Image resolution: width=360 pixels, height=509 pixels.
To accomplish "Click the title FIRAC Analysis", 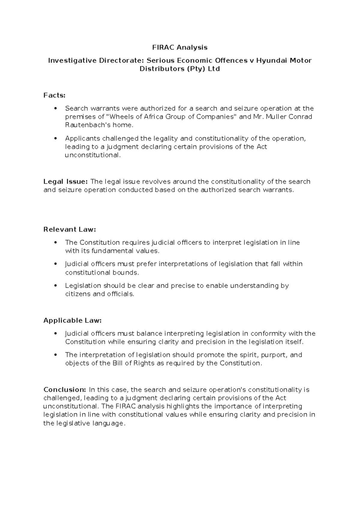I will coord(180,47).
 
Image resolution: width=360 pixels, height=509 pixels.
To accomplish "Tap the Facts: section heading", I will coord(54,95).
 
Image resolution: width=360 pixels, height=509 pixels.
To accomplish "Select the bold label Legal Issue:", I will coord(65,182).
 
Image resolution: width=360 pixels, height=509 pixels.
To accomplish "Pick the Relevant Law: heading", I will coord(70,230).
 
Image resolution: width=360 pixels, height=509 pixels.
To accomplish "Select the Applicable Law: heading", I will coord(73,321).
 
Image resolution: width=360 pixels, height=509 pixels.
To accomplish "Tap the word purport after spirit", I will coord(274,355).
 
